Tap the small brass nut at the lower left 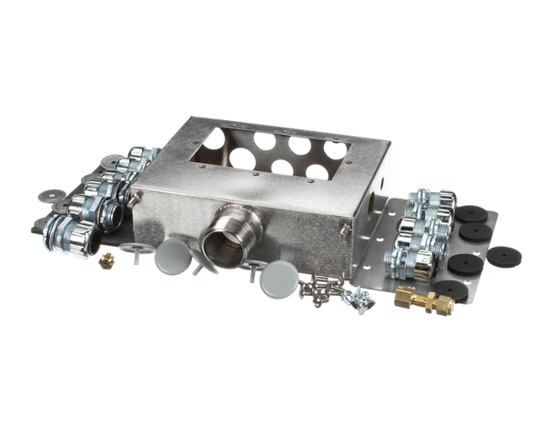pos(106,260)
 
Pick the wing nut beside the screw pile pos(363,298)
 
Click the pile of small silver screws pos(319,289)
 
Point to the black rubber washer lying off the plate pos(503,255)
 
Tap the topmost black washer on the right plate pos(471,215)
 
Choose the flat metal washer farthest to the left pos(52,195)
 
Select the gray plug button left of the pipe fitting pos(172,258)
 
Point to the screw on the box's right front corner pos(347,230)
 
